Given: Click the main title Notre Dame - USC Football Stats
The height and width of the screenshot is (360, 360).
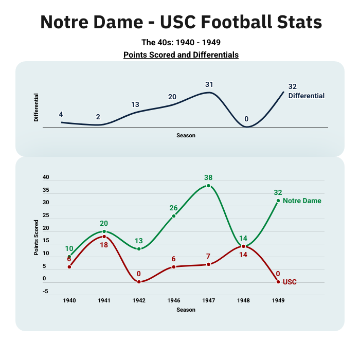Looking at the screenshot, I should pyautogui.click(x=181, y=22).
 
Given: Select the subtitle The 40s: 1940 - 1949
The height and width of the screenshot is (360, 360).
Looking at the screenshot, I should pyautogui.click(x=181, y=43).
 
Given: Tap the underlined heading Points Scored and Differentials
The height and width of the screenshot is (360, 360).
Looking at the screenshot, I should pyautogui.click(x=181, y=55).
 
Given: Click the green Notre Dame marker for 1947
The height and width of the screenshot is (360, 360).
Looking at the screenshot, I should pyautogui.click(x=208, y=186).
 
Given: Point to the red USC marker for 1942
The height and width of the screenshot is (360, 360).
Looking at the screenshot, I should pyautogui.click(x=139, y=282).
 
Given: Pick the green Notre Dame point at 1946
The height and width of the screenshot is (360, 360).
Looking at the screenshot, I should pyautogui.click(x=174, y=216).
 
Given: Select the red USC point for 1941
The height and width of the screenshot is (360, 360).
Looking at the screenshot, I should pyautogui.click(x=104, y=237).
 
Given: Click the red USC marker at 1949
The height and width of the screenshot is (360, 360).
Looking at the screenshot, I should pyautogui.click(x=278, y=282).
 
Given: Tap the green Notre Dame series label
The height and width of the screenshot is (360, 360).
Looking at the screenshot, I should pyautogui.click(x=302, y=201).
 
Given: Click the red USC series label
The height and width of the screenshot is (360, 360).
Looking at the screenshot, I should pyautogui.click(x=290, y=282).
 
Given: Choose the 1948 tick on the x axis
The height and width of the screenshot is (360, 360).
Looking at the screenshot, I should pyautogui.click(x=243, y=300).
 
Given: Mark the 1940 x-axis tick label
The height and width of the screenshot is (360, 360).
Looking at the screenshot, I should pyautogui.click(x=69, y=300).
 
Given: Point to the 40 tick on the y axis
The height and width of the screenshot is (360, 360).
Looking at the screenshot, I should pyautogui.click(x=46, y=177).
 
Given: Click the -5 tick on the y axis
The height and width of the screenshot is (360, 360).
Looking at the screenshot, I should pyautogui.click(x=45, y=292).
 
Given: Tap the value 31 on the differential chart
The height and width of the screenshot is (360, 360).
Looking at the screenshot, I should pyautogui.click(x=209, y=84).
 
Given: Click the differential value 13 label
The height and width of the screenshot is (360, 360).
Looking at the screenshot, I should pyautogui.click(x=135, y=104).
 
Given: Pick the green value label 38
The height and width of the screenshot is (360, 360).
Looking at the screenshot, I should pyautogui.click(x=208, y=177).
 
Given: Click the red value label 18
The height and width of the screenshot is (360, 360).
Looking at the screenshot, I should pyautogui.click(x=104, y=245).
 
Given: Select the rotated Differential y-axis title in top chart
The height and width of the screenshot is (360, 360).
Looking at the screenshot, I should pyautogui.click(x=36, y=107).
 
